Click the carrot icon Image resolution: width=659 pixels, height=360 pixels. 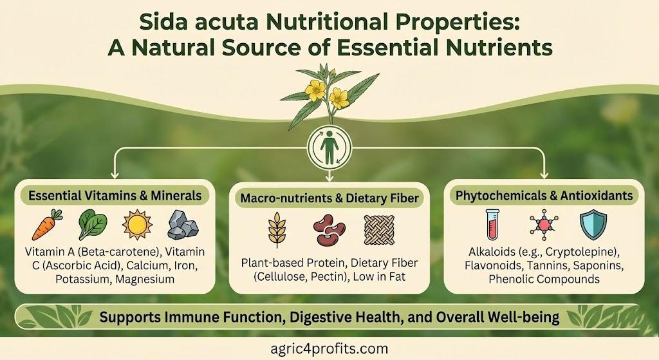[x=47, y=225]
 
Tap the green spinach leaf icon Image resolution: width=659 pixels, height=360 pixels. [x=91, y=225]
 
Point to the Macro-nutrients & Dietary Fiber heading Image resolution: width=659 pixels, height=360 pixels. [x=329, y=200]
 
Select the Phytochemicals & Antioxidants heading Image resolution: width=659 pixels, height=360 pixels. [x=544, y=195]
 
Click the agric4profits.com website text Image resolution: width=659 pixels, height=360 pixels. [x=329, y=348]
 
